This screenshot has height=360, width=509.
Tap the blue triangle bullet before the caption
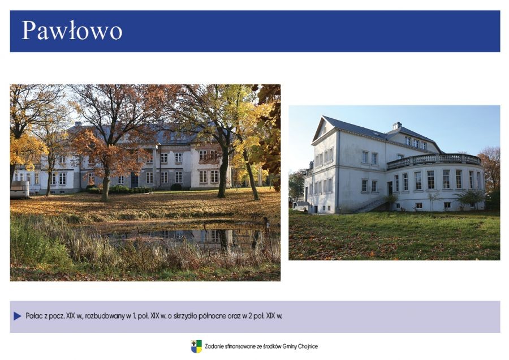(x=17, y=316)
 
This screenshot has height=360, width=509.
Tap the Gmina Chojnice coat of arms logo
(x=196, y=346)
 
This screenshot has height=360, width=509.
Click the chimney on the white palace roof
(x=397, y=126)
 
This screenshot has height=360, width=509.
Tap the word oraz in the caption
(x=235, y=316)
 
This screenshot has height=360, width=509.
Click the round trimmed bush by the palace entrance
(x=176, y=187)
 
